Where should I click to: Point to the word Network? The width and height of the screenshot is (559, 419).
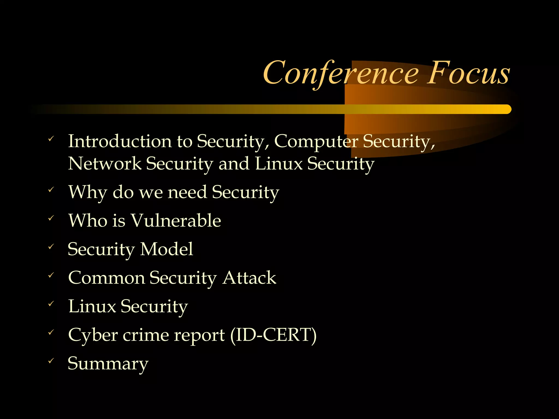[x=105, y=164]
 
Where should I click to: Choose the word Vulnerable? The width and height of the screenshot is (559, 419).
[x=176, y=220]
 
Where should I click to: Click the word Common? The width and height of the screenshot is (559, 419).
[x=106, y=278]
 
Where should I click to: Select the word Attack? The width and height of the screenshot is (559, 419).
[x=249, y=278]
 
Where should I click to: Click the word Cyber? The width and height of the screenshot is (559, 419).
[x=93, y=335]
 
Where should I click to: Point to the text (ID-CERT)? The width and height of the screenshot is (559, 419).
[x=273, y=335]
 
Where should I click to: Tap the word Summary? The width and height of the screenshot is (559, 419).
[x=108, y=364]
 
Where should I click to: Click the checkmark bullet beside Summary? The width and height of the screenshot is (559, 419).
[x=50, y=361]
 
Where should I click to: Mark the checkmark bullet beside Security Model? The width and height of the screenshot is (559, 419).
[x=50, y=247]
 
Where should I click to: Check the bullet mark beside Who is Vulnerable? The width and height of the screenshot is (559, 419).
[x=50, y=218]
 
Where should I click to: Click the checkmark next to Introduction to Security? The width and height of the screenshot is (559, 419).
[x=50, y=139]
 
